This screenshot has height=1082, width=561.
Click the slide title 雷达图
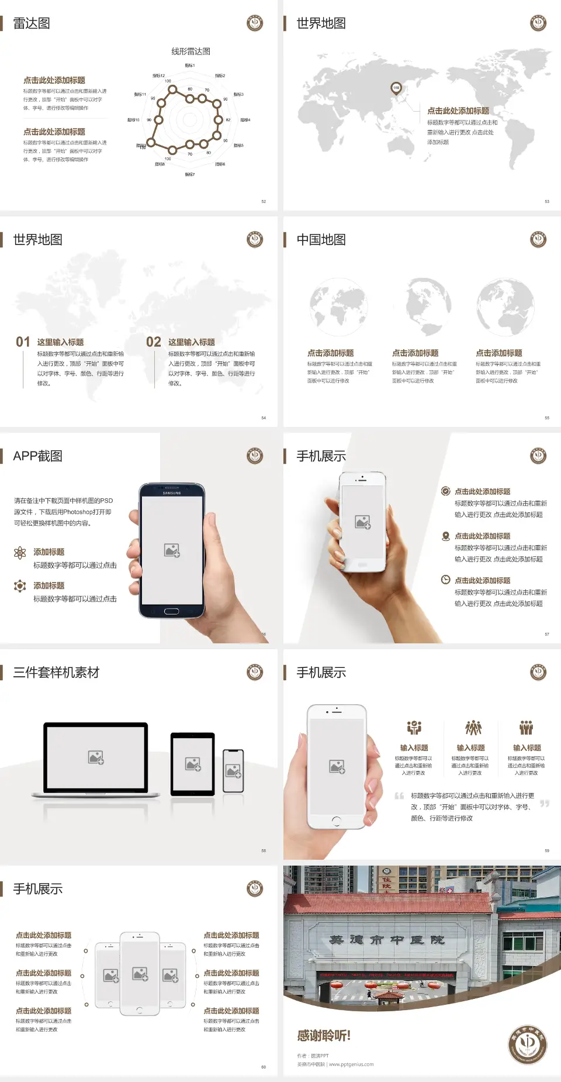tap(32, 23)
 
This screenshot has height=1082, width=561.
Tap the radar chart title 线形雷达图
tap(191, 51)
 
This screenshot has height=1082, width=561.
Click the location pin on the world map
tap(396, 88)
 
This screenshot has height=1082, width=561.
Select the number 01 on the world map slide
tap(23, 342)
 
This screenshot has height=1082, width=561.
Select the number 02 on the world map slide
tap(154, 342)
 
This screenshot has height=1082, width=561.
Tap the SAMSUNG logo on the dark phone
tap(171, 493)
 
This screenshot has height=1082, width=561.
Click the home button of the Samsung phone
tap(171, 611)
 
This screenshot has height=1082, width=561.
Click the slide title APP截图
tap(38, 456)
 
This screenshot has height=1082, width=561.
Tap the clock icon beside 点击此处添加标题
tap(445, 580)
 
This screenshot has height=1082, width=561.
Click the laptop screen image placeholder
tap(96, 757)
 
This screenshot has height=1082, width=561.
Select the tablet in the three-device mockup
tap(192, 763)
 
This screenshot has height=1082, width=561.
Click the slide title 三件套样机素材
tap(56, 673)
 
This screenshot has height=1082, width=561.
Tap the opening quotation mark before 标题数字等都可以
tap(399, 795)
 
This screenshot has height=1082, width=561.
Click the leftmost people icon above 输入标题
tap(414, 728)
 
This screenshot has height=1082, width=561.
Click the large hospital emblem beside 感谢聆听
tap(527, 1044)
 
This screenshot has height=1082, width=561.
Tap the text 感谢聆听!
tap(324, 1036)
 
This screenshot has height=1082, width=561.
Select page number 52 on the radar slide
tap(264, 201)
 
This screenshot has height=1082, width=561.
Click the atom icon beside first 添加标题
tap(20, 553)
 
